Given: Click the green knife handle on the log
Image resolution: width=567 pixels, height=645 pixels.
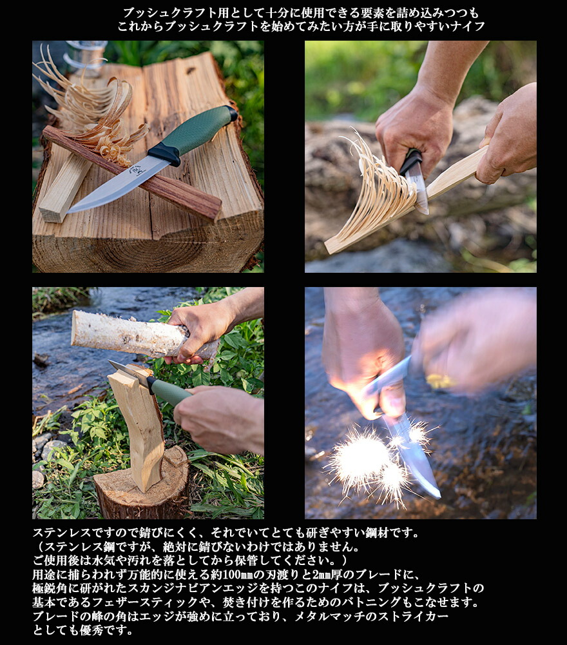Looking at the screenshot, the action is [197, 129].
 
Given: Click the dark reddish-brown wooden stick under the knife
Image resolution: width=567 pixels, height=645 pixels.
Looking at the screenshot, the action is [131, 172].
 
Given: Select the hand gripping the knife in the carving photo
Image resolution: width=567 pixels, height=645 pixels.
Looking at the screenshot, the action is [414, 132].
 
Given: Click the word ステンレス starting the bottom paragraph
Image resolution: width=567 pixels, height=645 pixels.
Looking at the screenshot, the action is [61, 533].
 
